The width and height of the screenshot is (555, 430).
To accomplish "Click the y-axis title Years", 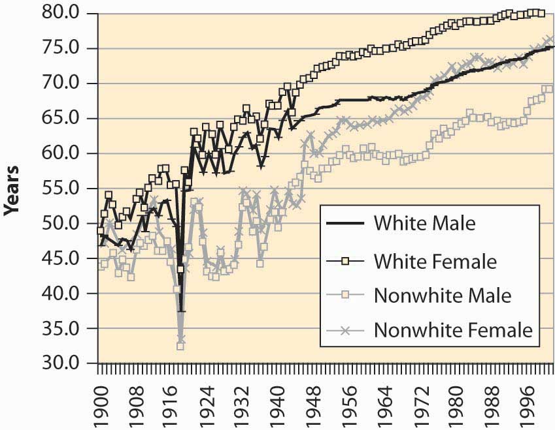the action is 11,190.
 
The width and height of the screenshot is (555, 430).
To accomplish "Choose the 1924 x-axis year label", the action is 208,407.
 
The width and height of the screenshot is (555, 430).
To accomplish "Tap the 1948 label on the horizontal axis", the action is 314,407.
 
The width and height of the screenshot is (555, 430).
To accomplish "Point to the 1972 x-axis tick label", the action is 421,407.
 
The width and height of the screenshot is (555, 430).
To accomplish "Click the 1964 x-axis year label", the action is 386,407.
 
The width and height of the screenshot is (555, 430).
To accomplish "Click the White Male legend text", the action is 425,223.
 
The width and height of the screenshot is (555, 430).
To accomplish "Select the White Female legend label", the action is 435,262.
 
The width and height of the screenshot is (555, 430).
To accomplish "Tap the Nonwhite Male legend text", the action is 443,296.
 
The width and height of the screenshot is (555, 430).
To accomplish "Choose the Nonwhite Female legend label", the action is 454,330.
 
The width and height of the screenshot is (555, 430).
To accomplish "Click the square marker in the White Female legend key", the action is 345,261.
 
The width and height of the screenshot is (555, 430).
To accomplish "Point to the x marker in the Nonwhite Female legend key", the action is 345,330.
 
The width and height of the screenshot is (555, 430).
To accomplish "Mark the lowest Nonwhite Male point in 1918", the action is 180,346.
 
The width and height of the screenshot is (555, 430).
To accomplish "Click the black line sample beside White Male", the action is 345,223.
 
